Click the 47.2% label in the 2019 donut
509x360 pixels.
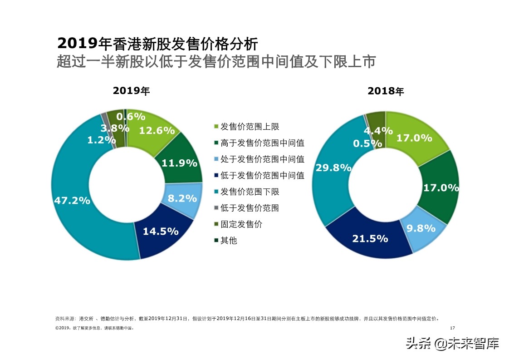pyautogui.click(x=72, y=200)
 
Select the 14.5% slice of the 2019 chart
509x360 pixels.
pyautogui.click(x=161, y=231)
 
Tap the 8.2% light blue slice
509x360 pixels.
pyautogui.click(x=182, y=198)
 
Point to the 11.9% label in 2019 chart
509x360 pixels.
pyautogui.click(x=179, y=163)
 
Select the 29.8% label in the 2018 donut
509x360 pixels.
pyautogui.click(x=333, y=168)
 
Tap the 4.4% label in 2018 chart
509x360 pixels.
pyautogui.click(x=378, y=131)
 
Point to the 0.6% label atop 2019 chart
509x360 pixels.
pyautogui.click(x=131, y=116)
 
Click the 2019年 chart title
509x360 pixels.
pyautogui.click(x=131, y=91)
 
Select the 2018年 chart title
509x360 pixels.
pyautogui.click(x=386, y=91)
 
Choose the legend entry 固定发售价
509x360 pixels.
pyautogui.click(x=241, y=224)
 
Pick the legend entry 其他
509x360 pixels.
pyautogui.click(x=229, y=241)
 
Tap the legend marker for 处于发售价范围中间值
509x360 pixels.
pyautogui.click(x=216, y=159)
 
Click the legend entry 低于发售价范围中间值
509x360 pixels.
pyautogui.click(x=262, y=176)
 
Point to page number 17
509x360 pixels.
pyautogui.click(x=452, y=328)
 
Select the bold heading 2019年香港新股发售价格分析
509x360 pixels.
pyautogui.click(x=157, y=44)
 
